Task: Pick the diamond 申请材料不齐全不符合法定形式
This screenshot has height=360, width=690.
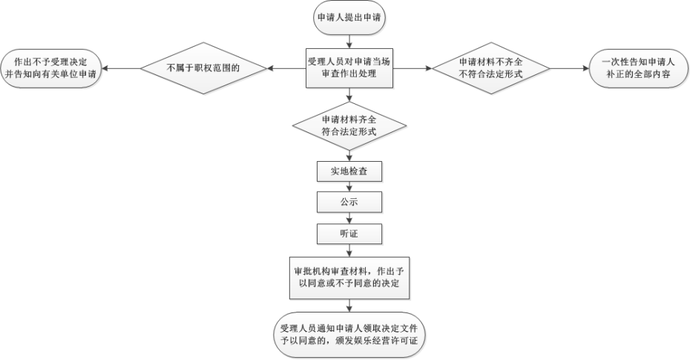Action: click(490, 69)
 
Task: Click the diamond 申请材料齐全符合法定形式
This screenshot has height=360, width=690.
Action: click(349, 126)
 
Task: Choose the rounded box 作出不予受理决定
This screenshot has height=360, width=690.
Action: click(50, 69)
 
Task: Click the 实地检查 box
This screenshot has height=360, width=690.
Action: click(349, 171)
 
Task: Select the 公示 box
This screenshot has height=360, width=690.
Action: click(349, 202)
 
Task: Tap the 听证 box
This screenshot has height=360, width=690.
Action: click(349, 234)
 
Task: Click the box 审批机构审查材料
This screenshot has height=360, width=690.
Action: click(349, 277)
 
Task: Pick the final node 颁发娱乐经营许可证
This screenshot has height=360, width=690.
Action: click(349, 334)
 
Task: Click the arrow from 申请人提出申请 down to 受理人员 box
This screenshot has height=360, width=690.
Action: click(349, 42)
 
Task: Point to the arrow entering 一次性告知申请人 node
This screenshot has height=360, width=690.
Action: click(569, 69)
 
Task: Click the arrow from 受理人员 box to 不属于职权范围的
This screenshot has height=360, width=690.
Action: click(286, 69)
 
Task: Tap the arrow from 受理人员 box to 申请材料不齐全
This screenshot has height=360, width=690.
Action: click(411, 69)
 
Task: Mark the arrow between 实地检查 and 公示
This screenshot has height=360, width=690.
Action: click(349, 187)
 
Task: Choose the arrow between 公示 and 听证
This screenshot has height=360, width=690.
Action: click(349, 218)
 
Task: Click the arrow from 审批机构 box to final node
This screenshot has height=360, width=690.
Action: click(349, 304)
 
